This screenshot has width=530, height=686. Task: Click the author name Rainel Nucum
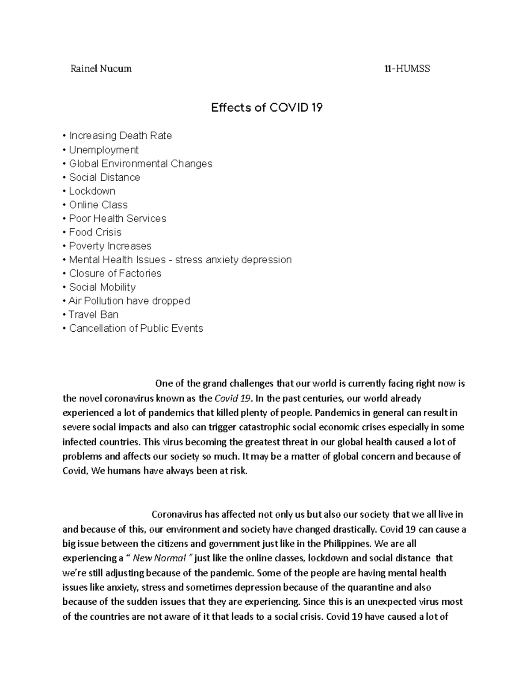coord(101,68)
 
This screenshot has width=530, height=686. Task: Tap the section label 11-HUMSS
coord(407,68)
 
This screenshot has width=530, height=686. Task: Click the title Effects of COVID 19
coord(267,107)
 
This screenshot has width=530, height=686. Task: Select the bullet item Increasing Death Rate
coord(120,136)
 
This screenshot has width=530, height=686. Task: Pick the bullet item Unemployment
coord(103,150)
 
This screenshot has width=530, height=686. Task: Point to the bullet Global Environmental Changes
coord(140,163)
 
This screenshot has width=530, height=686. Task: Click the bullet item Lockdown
coord(92,191)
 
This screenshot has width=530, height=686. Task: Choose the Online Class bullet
coord(98,205)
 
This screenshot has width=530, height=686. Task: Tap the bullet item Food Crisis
coord(95,232)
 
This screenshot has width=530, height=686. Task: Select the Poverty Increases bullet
coord(110,246)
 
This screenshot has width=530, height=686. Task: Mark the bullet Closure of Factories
coord(115,273)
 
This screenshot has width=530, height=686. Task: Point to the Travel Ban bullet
coord(93,315)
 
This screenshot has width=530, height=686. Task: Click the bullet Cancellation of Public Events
coord(136,328)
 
